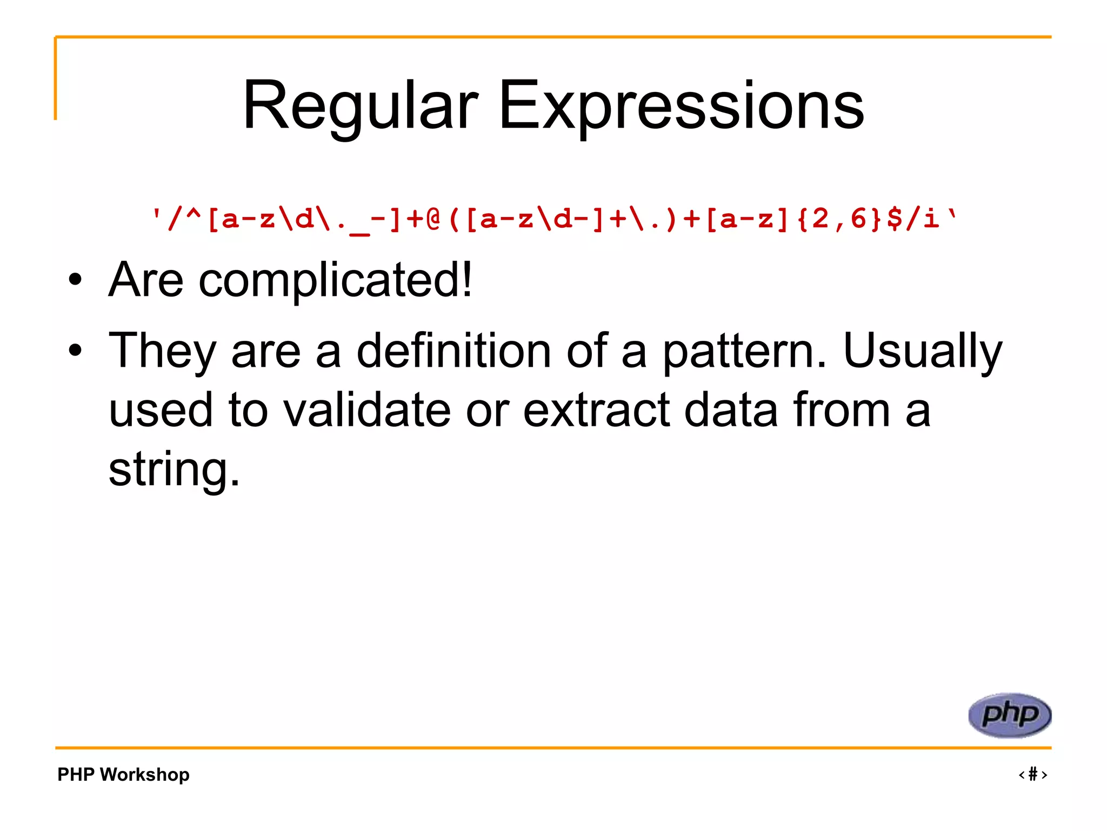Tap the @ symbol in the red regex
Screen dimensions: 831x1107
click(433, 219)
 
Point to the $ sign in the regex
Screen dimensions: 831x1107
click(895, 219)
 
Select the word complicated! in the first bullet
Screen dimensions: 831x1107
click(335, 280)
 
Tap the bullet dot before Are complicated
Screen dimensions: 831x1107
click(75, 280)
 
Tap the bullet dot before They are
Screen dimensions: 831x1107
click(75, 351)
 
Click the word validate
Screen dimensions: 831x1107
click(367, 410)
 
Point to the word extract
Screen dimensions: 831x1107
click(597, 410)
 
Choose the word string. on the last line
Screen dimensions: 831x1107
click(174, 470)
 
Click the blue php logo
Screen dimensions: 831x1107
click(1009, 715)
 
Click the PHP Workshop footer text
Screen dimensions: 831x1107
click(123, 774)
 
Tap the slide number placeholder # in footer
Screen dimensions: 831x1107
click(1033, 774)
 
